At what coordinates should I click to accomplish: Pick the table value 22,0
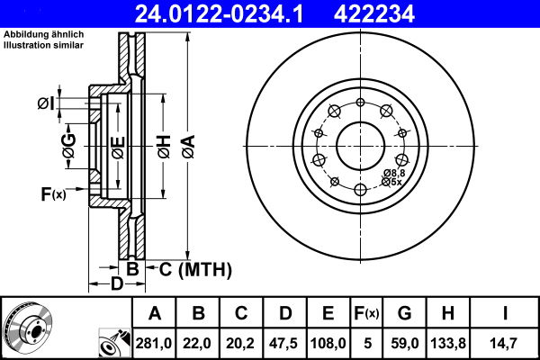[x=199, y=342]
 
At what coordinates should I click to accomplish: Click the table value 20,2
[x=241, y=342]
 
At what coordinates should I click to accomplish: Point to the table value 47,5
[x=284, y=342]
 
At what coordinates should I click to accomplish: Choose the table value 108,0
[x=328, y=342]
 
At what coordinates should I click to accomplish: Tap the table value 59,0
[x=404, y=342]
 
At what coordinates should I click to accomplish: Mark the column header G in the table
[x=404, y=314]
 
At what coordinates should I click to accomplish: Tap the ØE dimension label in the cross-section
[x=115, y=144]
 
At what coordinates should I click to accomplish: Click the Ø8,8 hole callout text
[x=393, y=172]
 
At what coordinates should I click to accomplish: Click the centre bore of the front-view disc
[x=360, y=144]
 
